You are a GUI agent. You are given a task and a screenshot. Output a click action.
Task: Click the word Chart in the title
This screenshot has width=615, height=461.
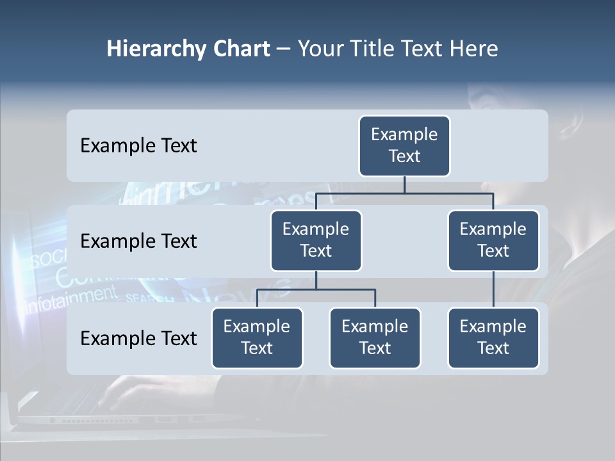tap(241, 49)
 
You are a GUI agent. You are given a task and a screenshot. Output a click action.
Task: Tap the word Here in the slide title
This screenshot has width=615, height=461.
tap(473, 49)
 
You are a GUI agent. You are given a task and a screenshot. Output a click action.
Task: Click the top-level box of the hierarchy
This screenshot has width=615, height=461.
tap(404, 146)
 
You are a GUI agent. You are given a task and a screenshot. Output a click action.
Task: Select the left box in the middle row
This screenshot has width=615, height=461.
tap(316, 241)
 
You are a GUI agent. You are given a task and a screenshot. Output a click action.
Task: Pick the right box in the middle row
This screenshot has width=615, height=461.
tap(493, 241)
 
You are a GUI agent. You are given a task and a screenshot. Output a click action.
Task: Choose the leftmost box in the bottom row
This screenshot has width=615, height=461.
tap(257, 338)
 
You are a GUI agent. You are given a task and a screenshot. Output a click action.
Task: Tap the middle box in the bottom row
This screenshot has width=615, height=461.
tap(375, 338)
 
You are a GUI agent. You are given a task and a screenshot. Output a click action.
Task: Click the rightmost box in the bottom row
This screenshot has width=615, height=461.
tap(493, 338)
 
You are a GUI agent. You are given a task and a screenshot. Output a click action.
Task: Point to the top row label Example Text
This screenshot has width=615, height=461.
tap(138, 146)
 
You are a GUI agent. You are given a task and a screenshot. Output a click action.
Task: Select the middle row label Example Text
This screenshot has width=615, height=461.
tap(138, 241)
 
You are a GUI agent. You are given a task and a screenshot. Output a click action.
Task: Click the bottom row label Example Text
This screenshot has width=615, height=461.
tap(138, 338)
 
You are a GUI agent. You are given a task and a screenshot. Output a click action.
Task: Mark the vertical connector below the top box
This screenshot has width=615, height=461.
tap(404, 184)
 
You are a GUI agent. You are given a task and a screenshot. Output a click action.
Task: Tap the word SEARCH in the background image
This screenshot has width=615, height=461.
tap(149, 298)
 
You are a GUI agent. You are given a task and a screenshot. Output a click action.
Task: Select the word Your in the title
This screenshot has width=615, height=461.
tap(318, 49)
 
